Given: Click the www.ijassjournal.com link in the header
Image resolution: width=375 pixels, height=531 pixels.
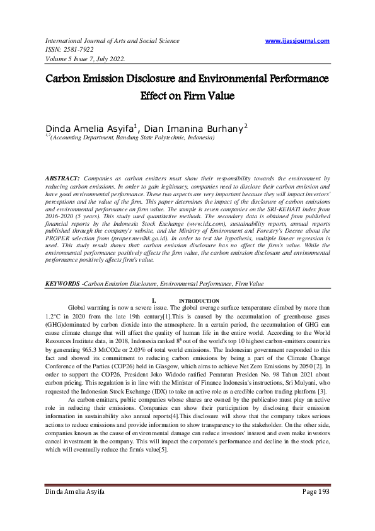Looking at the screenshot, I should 297,41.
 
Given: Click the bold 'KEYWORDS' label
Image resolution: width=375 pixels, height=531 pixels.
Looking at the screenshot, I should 62,284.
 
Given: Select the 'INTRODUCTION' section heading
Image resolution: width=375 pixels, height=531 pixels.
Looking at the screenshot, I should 199,300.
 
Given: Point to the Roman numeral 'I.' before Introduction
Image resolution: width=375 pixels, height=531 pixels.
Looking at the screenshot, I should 147,300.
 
